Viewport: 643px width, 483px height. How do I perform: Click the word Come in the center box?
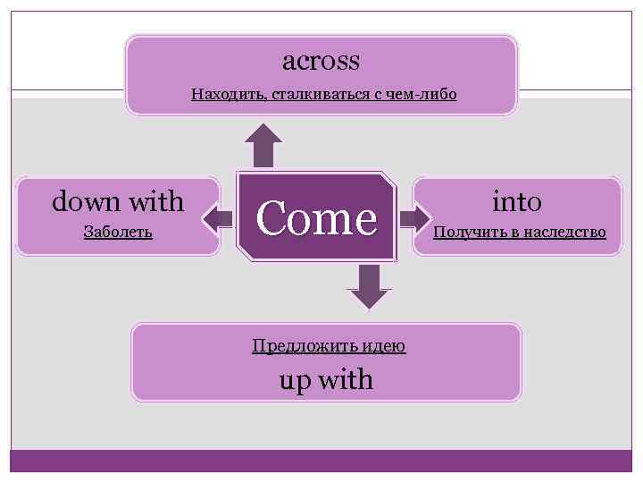316,219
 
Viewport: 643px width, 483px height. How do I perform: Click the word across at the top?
321,61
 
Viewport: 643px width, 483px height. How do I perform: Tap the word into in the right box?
517,201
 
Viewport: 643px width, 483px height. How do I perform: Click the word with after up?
345,380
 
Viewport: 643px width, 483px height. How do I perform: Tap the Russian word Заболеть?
118,233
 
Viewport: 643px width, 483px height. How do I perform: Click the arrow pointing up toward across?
263,144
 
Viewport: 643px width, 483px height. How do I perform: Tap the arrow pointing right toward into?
413,218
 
